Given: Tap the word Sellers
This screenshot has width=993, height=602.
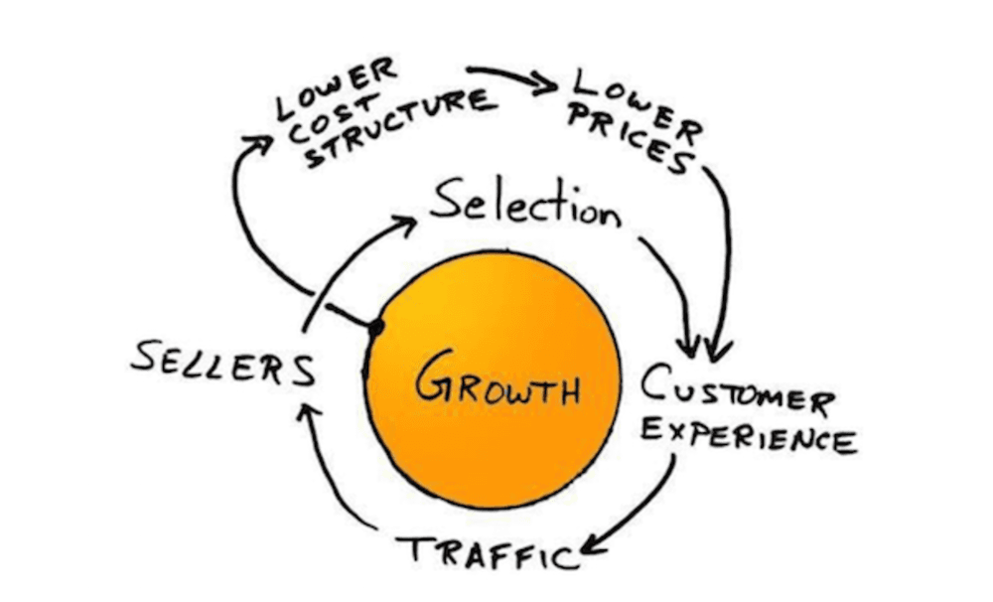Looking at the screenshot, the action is [222, 363].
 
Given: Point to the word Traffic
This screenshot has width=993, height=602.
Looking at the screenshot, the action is [488, 551].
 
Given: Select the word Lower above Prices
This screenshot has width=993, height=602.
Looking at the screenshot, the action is [637, 104].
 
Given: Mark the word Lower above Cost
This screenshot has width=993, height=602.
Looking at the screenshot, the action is [337, 87].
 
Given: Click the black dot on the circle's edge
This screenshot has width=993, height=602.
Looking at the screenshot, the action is [376, 328].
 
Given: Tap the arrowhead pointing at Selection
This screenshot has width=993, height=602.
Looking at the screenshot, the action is [405, 226].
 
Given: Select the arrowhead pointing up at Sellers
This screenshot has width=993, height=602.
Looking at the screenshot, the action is [309, 415].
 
